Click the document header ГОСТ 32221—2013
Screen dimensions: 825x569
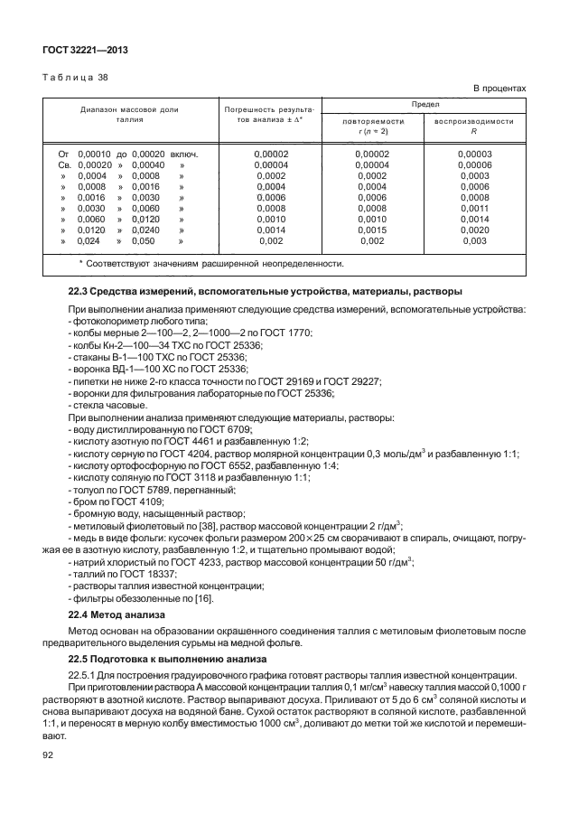tap(82, 52)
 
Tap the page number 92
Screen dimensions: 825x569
tap(48, 756)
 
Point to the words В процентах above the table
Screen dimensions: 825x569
tap(499, 88)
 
